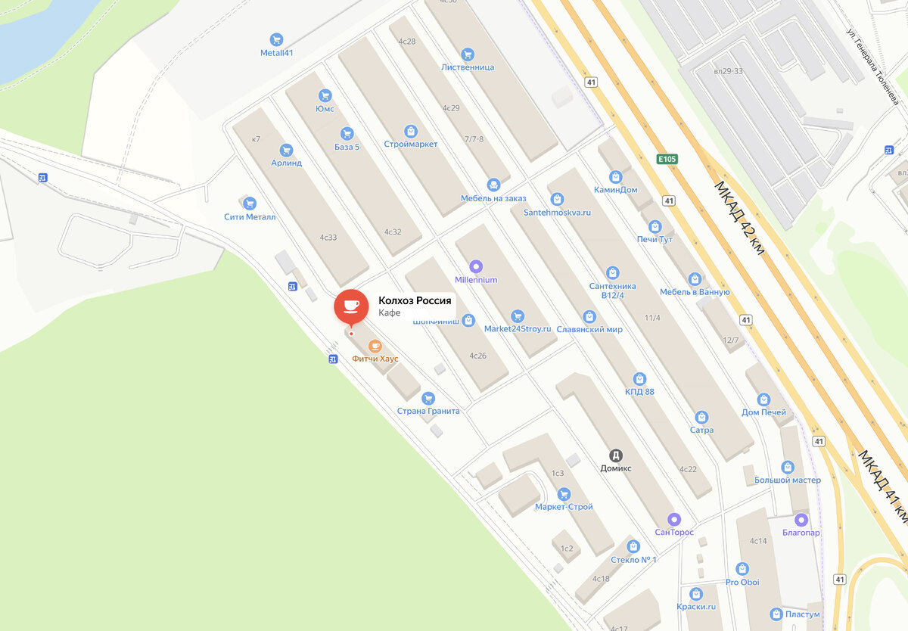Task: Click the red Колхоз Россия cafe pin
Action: point(351,306)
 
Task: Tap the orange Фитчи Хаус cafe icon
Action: point(375,346)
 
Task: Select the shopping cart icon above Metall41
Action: point(276,39)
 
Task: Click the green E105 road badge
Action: point(667,159)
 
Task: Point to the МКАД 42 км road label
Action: point(739,217)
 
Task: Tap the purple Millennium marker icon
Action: point(476,266)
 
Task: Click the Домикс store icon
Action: point(616,455)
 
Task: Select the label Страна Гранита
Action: point(428,411)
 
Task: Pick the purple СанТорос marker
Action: point(674,519)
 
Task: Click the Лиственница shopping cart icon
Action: point(468,54)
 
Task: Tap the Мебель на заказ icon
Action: point(493,185)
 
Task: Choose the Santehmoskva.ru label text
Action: point(557,213)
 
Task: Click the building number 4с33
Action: point(328,238)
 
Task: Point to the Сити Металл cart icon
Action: point(250,204)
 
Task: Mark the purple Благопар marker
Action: point(801,520)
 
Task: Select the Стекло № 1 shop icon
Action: point(633,546)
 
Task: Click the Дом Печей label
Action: point(763,412)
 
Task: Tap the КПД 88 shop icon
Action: point(639,378)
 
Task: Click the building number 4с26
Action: point(477,356)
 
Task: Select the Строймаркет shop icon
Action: point(410,131)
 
